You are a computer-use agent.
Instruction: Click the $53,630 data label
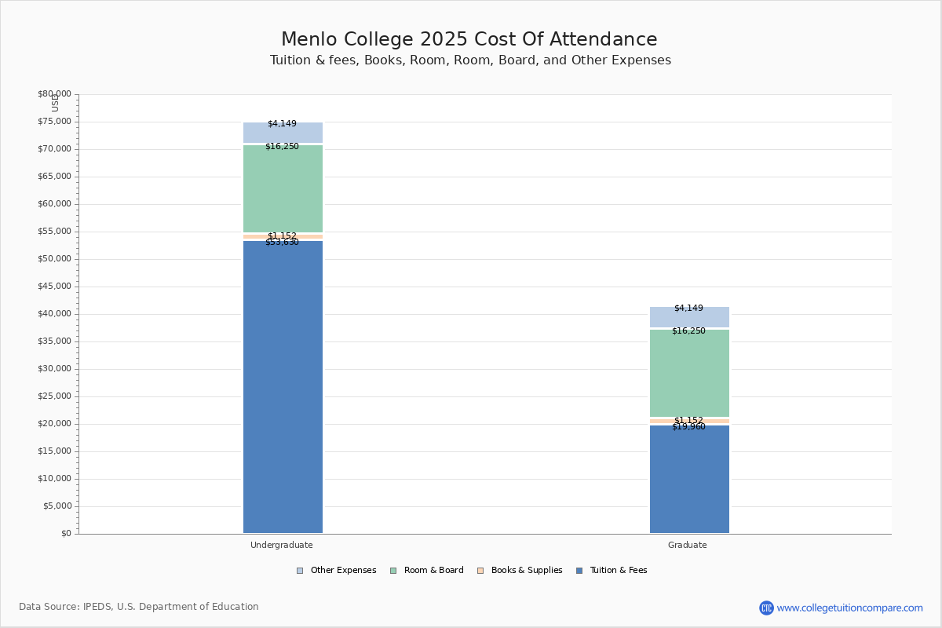tap(282, 243)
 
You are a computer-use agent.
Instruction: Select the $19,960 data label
tap(688, 427)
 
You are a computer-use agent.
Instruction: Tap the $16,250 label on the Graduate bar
tap(688, 331)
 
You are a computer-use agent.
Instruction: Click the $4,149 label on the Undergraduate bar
tap(282, 124)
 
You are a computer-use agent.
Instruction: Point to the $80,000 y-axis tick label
tap(54, 94)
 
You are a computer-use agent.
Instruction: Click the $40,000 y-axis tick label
tap(54, 314)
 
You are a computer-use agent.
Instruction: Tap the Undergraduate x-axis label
tap(282, 545)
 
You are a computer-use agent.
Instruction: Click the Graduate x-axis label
tap(688, 545)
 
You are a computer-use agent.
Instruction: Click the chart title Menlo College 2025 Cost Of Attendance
tap(469, 40)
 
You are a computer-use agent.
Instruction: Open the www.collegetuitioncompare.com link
tap(849, 608)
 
